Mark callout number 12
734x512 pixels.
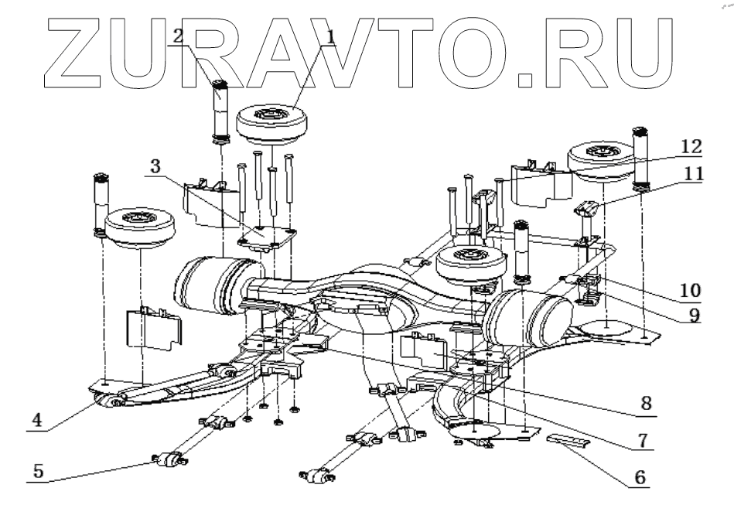(691, 145)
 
